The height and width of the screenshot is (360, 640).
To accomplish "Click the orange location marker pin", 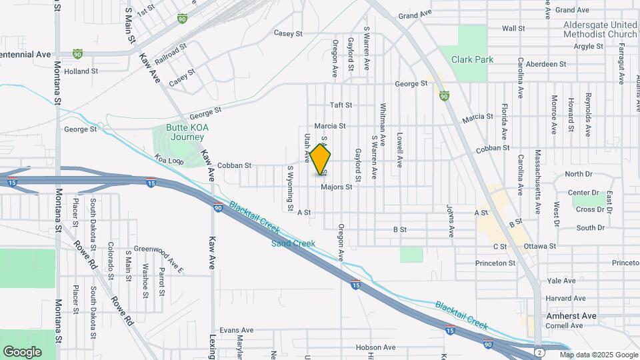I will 321,160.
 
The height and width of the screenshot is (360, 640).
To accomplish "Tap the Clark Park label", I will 472,59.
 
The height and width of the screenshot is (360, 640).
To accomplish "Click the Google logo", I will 22,351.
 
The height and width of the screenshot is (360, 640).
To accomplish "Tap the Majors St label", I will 336,187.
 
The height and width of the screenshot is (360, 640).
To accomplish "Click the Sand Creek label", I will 293,243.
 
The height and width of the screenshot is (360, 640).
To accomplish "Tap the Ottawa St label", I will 540,246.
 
